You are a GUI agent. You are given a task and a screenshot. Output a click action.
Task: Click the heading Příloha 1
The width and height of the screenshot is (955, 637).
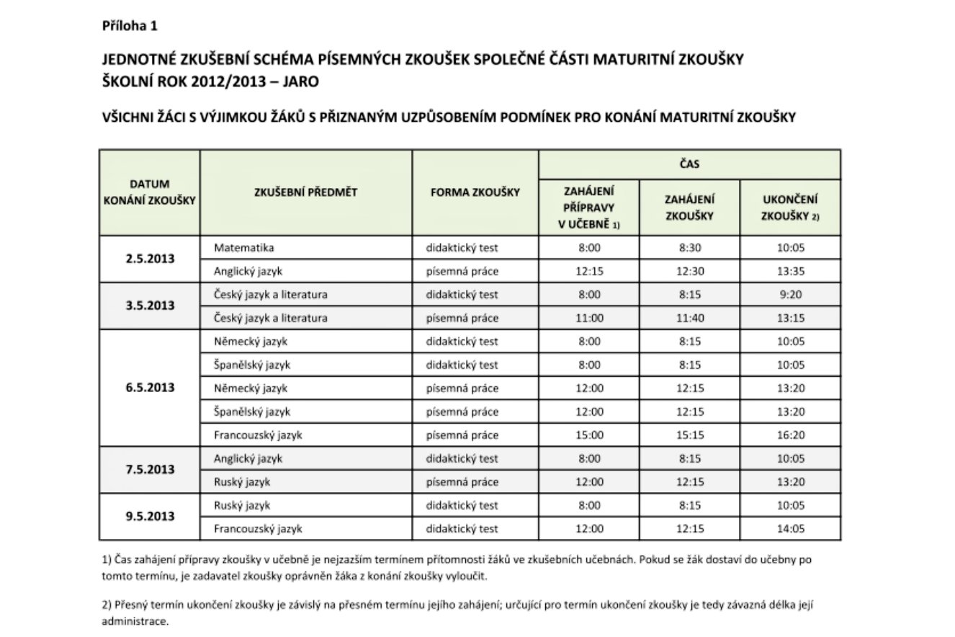(x=130, y=26)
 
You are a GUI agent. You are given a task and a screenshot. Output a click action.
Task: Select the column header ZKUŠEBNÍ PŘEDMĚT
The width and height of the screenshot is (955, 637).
(x=306, y=192)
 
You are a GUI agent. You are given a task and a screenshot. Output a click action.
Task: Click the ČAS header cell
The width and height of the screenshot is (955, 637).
(x=689, y=164)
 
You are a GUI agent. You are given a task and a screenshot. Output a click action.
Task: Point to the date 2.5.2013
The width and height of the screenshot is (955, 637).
(x=150, y=259)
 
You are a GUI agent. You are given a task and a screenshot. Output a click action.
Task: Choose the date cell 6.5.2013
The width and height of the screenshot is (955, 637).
(x=150, y=388)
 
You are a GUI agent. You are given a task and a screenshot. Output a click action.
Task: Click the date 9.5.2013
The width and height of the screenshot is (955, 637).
(x=150, y=517)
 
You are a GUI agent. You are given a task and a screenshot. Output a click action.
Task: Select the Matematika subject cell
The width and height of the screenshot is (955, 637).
(x=244, y=248)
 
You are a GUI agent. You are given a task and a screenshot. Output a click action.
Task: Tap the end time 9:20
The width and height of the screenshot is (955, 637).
(x=790, y=294)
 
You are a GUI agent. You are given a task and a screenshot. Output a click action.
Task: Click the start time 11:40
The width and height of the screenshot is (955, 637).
(x=689, y=318)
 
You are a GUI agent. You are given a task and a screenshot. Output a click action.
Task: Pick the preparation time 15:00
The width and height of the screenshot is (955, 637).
(x=589, y=435)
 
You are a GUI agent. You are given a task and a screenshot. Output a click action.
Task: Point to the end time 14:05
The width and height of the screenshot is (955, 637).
(x=790, y=528)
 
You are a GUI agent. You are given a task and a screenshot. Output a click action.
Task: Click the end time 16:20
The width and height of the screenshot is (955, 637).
(x=790, y=435)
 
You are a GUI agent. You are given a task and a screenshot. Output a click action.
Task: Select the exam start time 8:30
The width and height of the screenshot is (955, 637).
(x=689, y=248)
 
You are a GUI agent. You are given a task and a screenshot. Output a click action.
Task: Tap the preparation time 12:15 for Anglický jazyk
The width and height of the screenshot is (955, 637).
(x=589, y=271)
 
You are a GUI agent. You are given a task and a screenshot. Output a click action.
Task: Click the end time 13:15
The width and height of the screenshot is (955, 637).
(x=790, y=318)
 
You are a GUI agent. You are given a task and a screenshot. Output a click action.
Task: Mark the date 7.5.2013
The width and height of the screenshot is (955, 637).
(x=150, y=470)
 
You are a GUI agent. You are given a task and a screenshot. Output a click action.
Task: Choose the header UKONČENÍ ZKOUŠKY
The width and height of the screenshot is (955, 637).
(x=790, y=208)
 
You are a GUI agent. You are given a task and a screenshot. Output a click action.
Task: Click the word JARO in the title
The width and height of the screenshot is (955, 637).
(x=301, y=81)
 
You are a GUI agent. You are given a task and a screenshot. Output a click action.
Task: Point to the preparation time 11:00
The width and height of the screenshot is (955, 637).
(x=589, y=318)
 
